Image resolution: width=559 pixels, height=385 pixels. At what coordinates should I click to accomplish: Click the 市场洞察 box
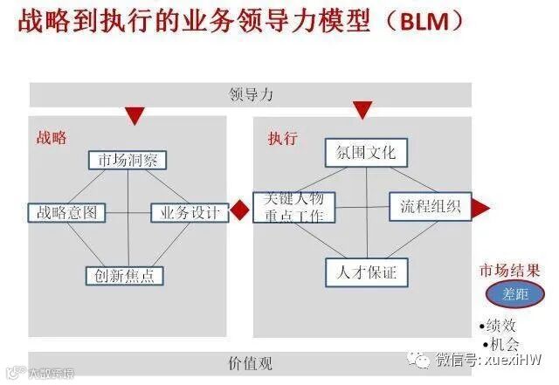click(128, 161)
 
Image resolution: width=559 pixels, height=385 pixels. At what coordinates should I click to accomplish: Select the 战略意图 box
click(67, 212)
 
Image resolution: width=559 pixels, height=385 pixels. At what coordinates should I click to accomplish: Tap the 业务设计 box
click(189, 212)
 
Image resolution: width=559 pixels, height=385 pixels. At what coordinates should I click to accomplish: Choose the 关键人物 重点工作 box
click(293, 207)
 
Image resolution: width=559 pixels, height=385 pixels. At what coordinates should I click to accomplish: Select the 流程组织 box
click(431, 208)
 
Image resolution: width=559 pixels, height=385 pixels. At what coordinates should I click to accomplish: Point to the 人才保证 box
click(367, 273)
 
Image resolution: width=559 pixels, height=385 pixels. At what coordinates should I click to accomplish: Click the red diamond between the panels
click(240, 211)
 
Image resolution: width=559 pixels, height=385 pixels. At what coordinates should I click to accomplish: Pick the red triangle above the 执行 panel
click(363, 110)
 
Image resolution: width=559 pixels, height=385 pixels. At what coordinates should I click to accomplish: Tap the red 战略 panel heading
click(52, 138)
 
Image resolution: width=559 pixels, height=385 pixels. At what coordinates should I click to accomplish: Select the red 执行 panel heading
click(283, 139)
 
